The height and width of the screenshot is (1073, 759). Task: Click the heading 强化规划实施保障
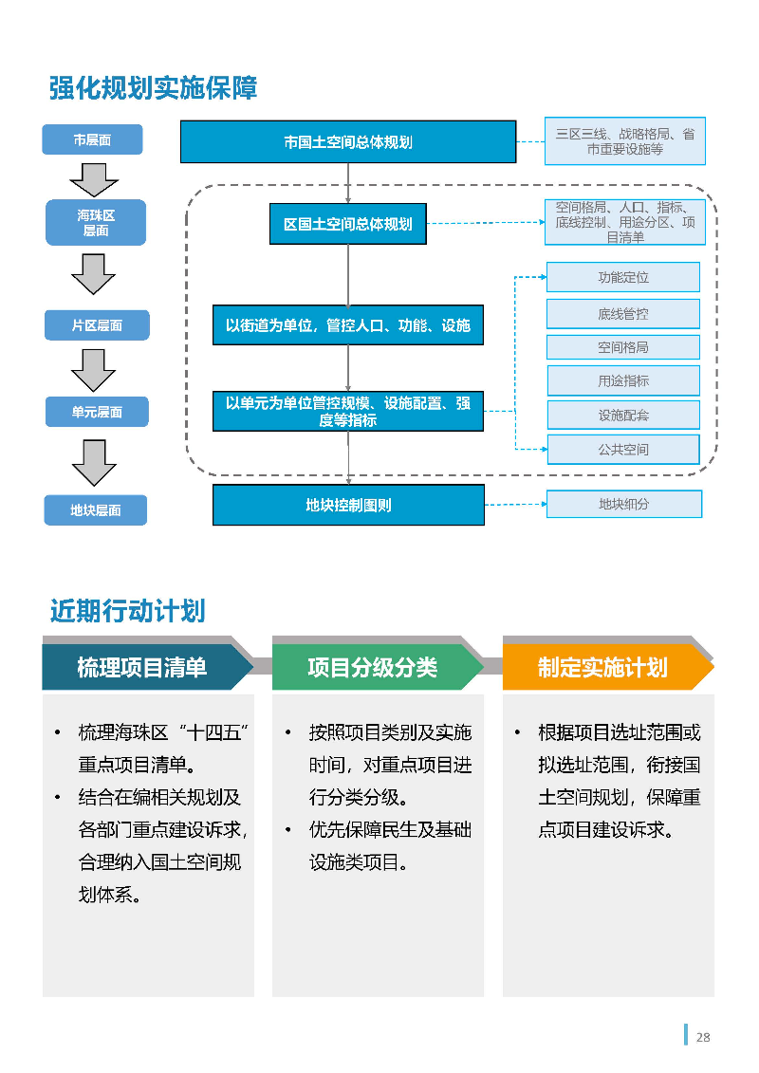(x=153, y=88)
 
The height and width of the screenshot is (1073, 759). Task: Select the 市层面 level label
(x=92, y=139)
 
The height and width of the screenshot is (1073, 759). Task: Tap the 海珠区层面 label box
(x=96, y=223)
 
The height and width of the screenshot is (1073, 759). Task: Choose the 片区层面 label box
(x=97, y=325)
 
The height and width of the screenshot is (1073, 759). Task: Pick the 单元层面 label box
(x=97, y=412)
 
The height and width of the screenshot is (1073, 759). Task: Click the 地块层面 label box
(x=96, y=509)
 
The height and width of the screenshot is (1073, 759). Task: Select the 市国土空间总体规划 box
(x=348, y=142)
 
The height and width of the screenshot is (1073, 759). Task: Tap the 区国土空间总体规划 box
(x=348, y=225)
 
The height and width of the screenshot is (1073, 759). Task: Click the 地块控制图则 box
(x=348, y=505)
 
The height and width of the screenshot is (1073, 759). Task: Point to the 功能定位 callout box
(x=623, y=277)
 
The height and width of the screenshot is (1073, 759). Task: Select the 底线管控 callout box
(x=623, y=313)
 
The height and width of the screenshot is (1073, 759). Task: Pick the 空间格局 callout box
(x=623, y=347)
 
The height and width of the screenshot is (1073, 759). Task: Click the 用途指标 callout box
(x=623, y=380)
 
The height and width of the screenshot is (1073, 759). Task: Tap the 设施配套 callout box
(x=623, y=415)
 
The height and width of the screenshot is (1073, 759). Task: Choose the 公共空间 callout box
(x=623, y=449)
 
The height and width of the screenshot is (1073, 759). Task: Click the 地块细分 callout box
(x=623, y=504)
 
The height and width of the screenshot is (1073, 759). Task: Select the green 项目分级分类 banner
(x=373, y=667)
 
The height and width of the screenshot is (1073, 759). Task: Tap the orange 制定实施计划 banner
(x=603, y=667)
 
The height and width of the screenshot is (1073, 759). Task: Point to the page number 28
(x=703, y=1037)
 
